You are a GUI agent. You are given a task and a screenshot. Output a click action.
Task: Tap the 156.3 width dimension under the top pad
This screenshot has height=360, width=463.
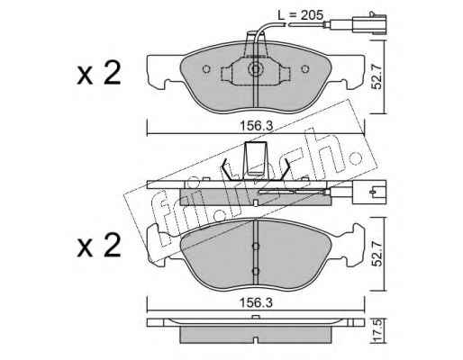coord(256,126)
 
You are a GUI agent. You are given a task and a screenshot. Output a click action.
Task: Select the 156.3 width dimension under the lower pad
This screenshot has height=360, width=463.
coord(256,302)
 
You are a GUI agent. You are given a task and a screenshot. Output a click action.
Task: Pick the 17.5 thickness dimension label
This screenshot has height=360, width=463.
coord(377,330)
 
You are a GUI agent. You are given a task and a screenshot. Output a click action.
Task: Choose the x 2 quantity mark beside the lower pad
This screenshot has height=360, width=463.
coord(99,245)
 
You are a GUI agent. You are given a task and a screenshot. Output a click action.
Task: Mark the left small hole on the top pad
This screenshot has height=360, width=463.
coord(206,69)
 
